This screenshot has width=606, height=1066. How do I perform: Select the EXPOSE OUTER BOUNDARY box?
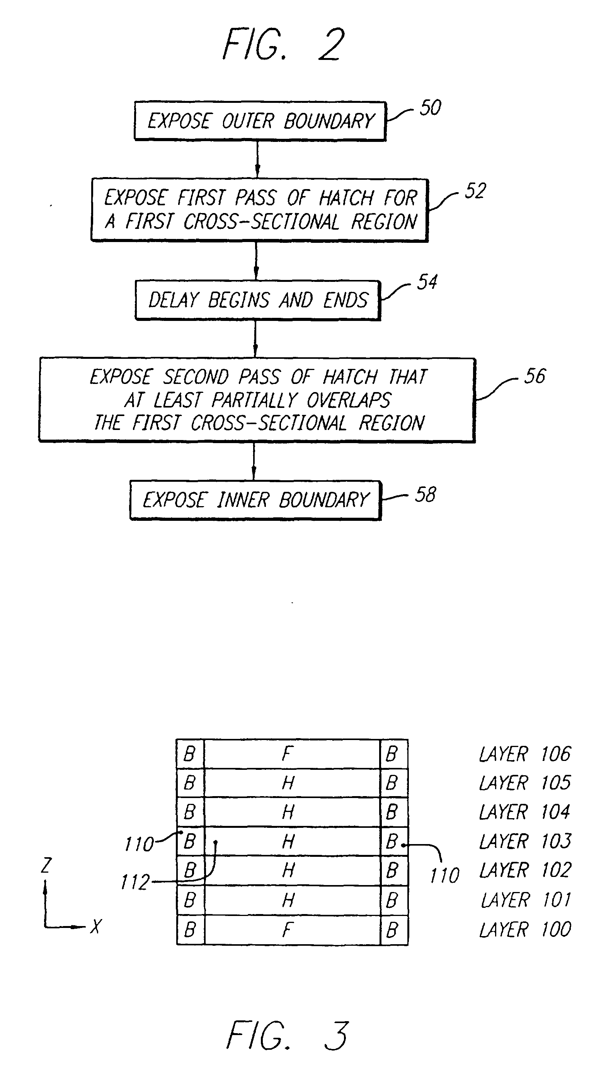coord(260,121)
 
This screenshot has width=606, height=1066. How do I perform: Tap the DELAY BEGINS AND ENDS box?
coord(258,300)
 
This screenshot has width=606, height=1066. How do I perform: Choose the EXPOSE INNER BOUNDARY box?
coord(255,500)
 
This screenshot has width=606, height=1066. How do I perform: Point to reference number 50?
coord(431,108)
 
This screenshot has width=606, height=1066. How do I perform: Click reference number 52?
coord(475,191)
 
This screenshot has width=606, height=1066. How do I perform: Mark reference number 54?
coord(427,282)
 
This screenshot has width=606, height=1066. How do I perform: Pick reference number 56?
coord(535,377)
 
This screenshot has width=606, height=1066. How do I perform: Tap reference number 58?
coord(426,495)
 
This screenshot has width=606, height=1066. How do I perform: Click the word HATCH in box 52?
coord(346,198)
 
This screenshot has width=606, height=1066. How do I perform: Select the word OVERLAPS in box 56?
coord(349,401)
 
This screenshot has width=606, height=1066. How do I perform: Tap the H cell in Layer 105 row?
coord(288,783)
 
